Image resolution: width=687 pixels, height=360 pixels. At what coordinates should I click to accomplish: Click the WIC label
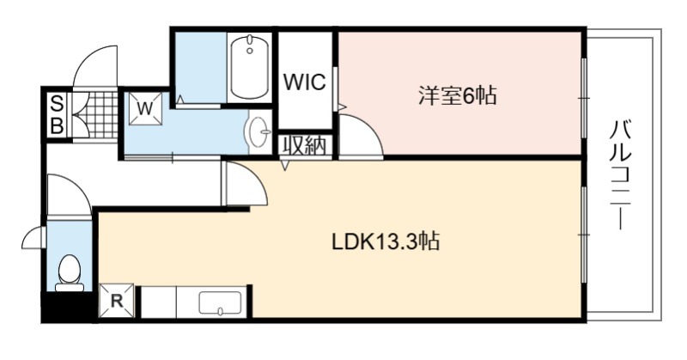coord(305,82)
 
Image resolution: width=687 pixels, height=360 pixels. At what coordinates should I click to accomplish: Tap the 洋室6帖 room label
coord(458,95)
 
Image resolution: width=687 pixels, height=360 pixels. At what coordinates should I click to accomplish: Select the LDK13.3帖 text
coord(386,241)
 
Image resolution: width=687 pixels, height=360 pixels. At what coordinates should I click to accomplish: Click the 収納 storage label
coord(305,145)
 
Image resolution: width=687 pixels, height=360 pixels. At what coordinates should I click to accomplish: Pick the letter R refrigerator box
coord(117,301)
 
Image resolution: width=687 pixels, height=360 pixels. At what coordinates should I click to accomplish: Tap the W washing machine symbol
coord(145,108)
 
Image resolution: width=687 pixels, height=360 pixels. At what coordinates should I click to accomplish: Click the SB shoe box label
coord(57,115)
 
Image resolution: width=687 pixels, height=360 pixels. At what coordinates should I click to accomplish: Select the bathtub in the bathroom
coord(250,68)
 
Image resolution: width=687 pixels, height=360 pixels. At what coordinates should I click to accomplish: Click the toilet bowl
coord(70,272)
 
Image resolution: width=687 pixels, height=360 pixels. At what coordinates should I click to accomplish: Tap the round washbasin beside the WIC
coord(259,131)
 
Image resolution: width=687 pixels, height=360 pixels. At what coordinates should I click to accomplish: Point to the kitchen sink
coord(220,303)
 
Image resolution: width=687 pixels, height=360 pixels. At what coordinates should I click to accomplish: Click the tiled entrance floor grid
coord(99,115)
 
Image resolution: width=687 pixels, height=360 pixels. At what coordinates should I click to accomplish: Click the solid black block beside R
coord(69,307)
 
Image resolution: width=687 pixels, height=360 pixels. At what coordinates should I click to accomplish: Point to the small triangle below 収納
coord(285,165)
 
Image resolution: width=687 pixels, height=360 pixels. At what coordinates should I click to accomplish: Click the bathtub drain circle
coord(250,51)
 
